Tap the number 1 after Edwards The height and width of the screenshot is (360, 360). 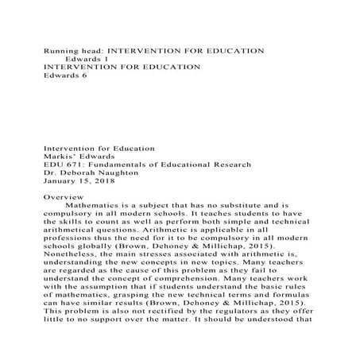pos(106,59)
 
